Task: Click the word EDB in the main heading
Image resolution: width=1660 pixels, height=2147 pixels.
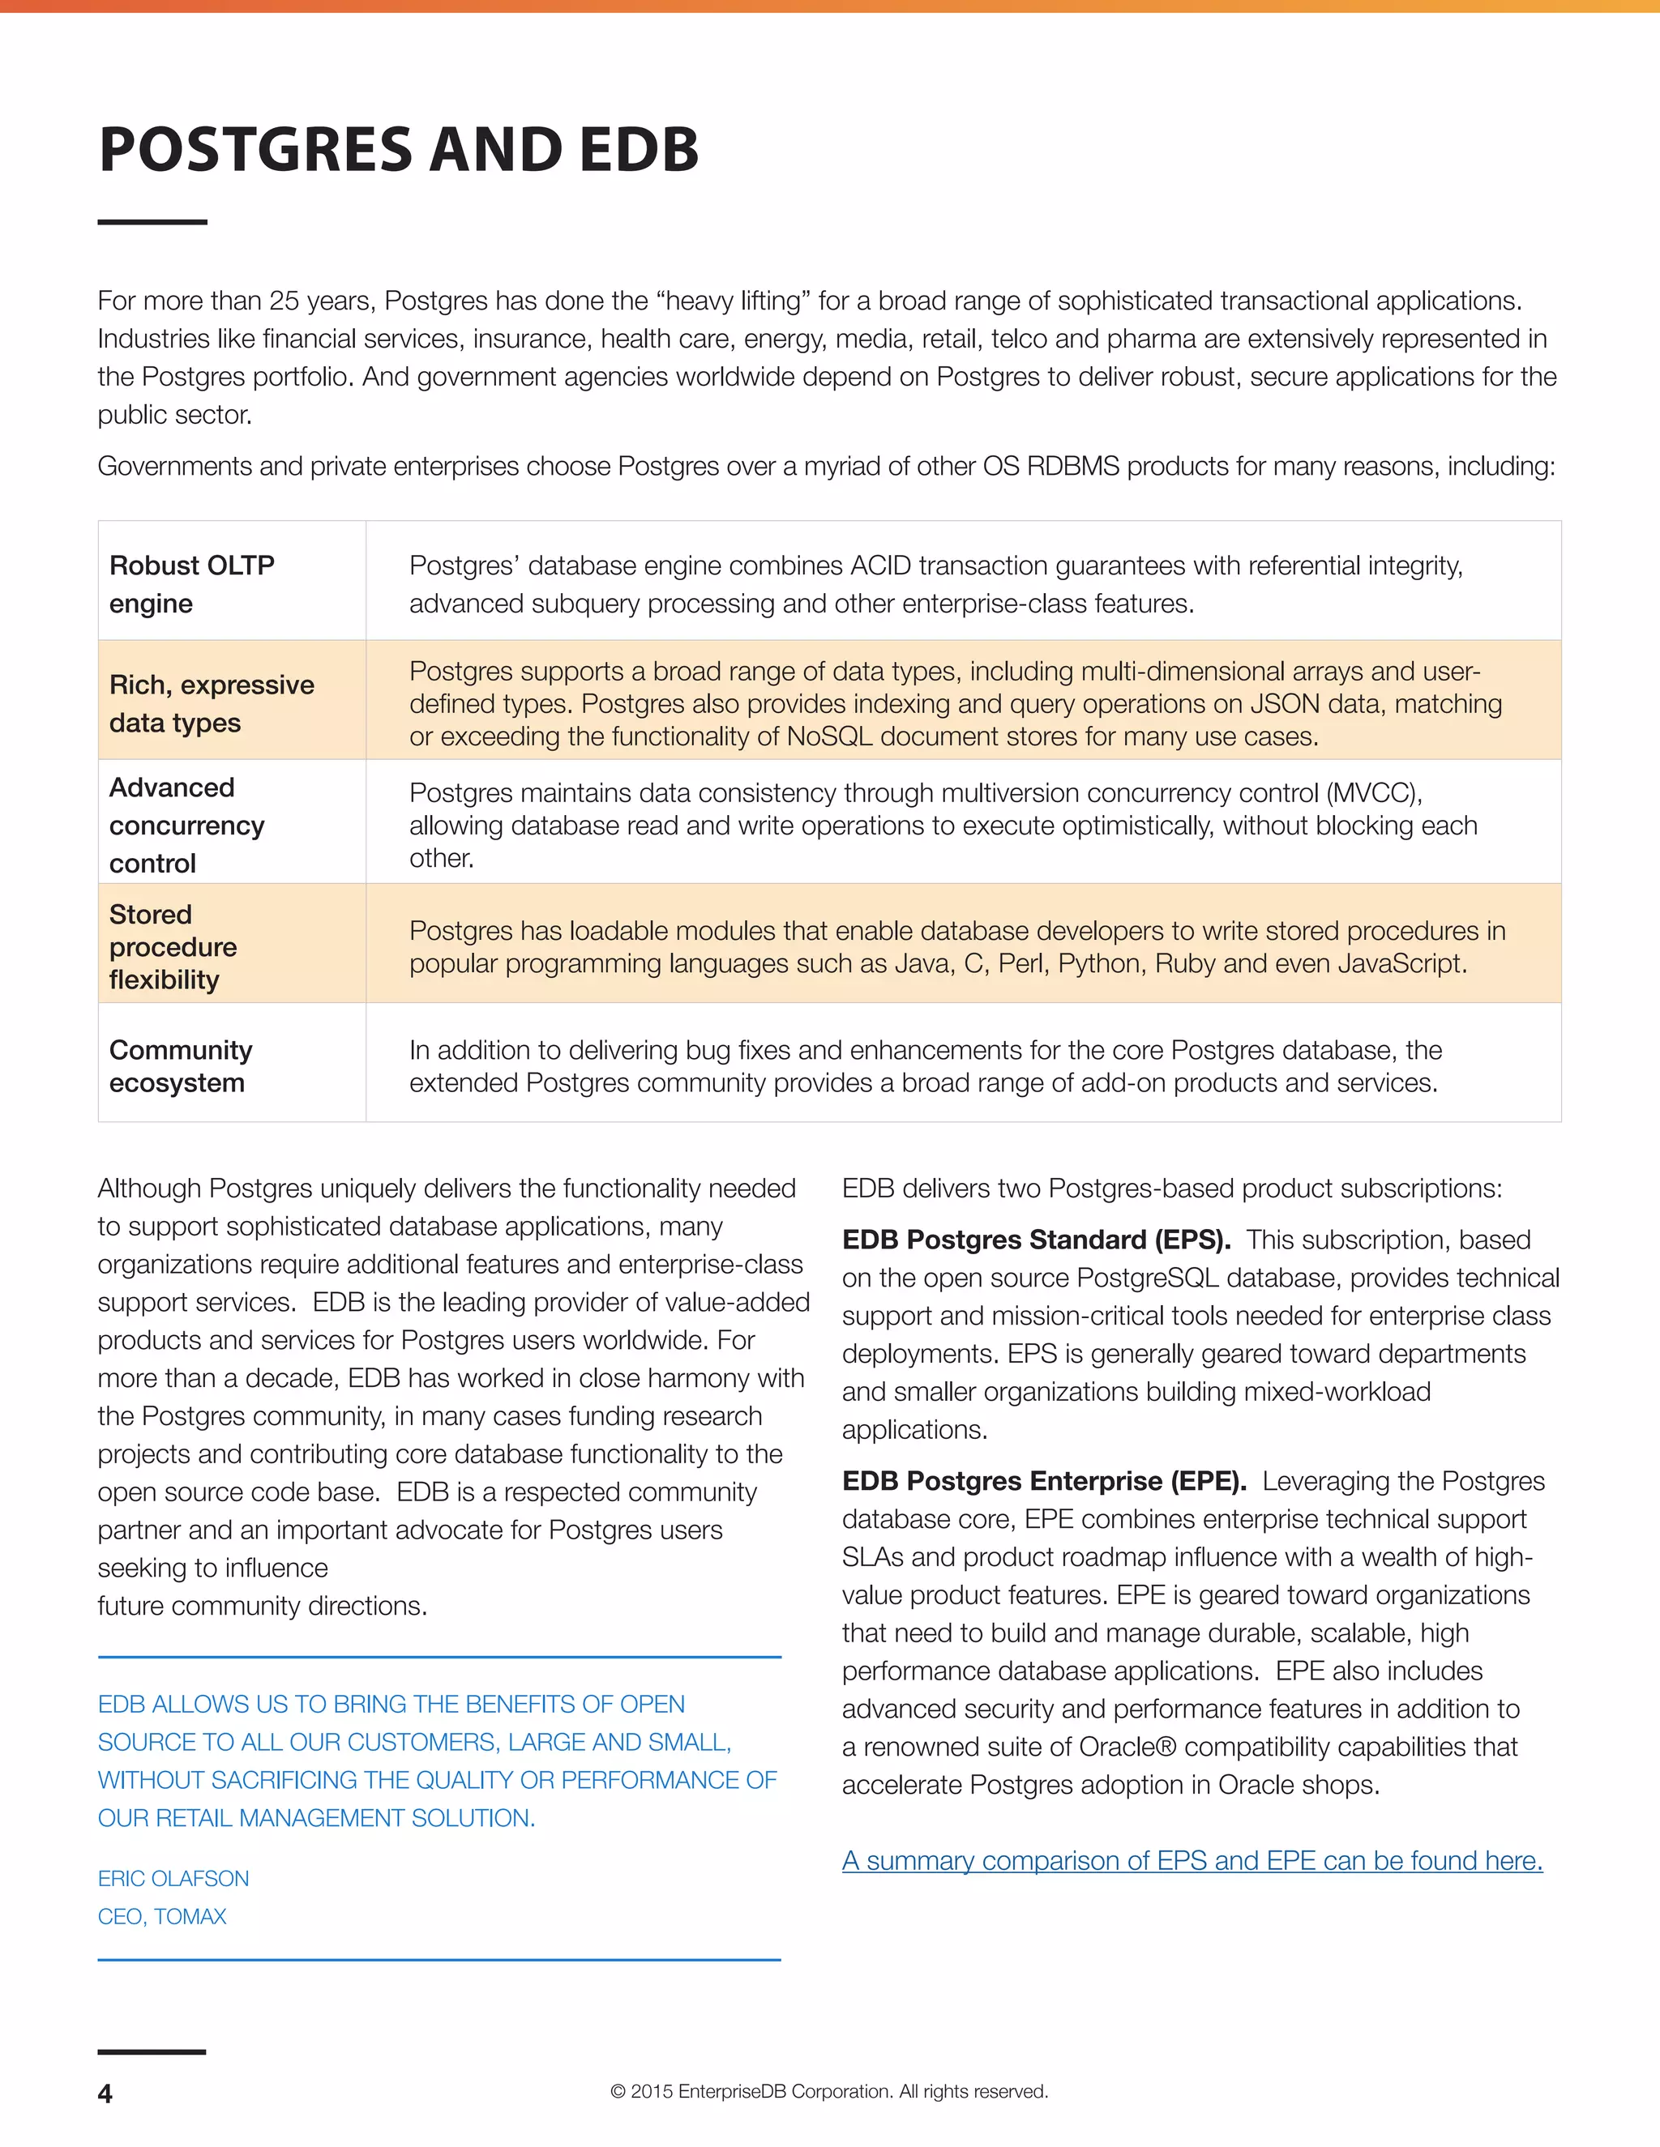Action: point(640,151)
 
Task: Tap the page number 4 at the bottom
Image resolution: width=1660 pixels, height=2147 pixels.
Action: point(105,2093)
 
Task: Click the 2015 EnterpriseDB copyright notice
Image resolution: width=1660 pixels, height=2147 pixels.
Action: point(829,2091)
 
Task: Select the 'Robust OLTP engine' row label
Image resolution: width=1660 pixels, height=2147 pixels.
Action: point(192,584)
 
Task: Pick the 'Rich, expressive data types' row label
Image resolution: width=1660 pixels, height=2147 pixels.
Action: point(212,703)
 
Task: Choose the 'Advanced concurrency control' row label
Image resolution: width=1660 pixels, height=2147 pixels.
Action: point(187,825)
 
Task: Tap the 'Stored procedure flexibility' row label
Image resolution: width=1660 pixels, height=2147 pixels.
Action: point(173,946)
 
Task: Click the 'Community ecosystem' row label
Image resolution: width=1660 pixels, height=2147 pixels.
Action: point(181,1065)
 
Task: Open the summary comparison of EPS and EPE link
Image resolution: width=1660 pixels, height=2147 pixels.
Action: point(1192,1860)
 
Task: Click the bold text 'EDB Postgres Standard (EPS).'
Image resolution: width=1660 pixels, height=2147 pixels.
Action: point(1036,1240)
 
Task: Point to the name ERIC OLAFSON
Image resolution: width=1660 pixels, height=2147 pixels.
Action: point(173,1878)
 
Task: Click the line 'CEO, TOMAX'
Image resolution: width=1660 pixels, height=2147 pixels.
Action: point(162,1916)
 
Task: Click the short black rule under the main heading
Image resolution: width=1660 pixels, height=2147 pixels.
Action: point(152,222)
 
